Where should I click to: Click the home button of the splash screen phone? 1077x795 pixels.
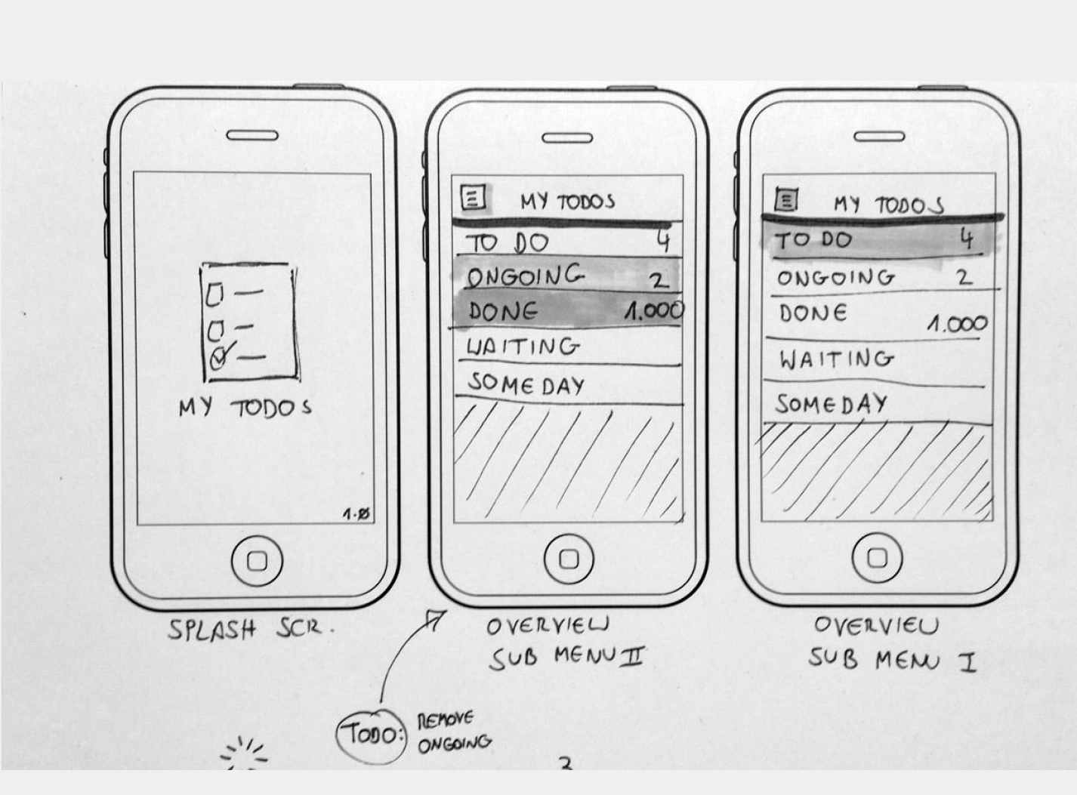pos(257,561)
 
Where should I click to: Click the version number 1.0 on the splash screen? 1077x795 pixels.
pos(356,515)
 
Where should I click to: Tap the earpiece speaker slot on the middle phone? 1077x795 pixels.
pos(567,138)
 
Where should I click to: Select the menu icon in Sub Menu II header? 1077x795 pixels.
pos(474,199)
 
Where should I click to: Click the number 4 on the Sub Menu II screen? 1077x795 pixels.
pos(663,240)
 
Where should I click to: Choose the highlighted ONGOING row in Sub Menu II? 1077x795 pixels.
pos(566,276)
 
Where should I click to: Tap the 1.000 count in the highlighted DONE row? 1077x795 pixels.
pos(654,310)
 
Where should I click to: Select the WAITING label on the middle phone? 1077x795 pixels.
pos(523,347)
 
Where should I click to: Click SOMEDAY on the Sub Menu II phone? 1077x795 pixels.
pos(526,384)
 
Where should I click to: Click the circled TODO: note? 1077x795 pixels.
pos(371,734)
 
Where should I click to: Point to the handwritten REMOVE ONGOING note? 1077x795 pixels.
pos(454,732)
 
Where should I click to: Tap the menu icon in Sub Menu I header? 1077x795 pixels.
pos(786,200)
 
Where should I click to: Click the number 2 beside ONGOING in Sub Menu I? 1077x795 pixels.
pos(964,277)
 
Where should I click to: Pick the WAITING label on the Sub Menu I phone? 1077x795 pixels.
pos(836,359)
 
